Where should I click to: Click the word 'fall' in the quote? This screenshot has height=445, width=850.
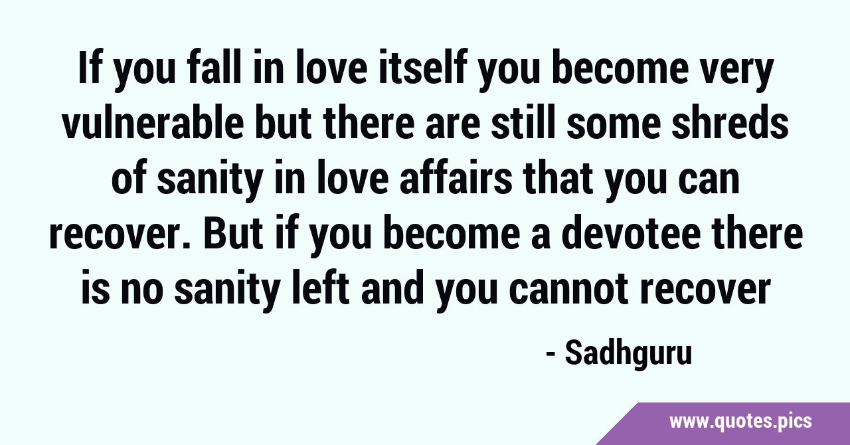[x=214, y=68]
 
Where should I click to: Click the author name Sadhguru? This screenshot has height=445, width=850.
[x=628, y=354]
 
